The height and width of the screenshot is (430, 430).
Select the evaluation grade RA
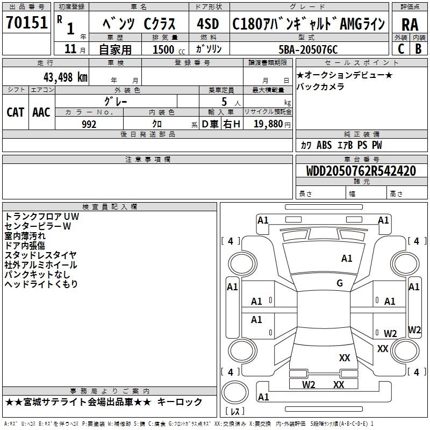[x=410, y=24]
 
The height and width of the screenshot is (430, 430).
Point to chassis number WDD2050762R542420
[x=361, y=171]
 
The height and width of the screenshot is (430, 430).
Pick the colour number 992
[x=89, y=124]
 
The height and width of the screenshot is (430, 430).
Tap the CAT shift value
[x=15, y=112]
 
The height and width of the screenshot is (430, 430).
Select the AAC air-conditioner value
[x=41, y=112]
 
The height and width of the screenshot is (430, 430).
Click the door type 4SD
[x=207, y=24]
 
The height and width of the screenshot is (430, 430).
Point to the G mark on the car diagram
[x=340, y=283]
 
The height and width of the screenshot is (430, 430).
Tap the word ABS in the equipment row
[x=324, y=145]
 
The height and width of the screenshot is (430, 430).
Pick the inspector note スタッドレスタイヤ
[x=41, y=255]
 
